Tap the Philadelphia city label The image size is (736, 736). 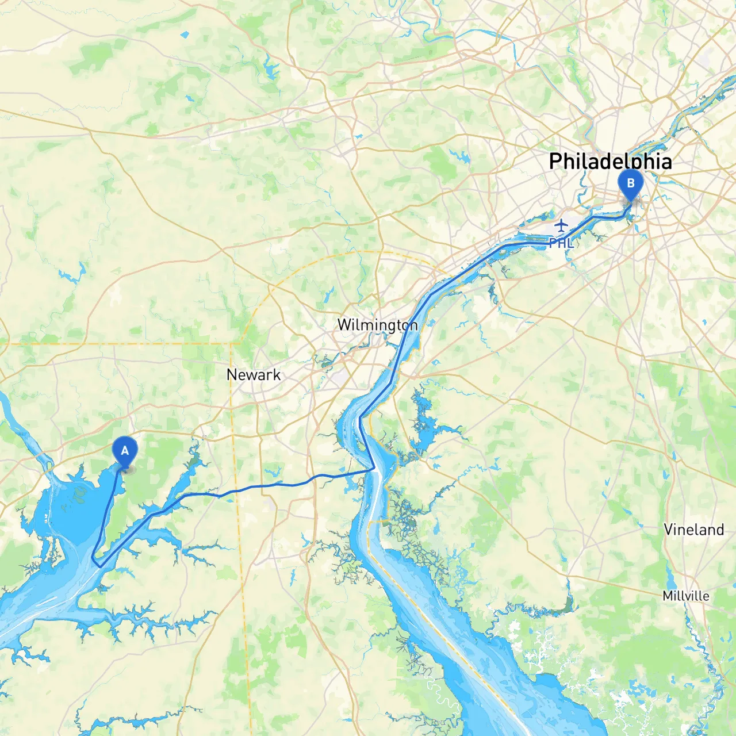pos(610,162)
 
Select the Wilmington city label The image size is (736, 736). pos(377,325)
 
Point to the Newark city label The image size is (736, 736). pos(254,375)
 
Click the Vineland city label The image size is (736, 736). pos(693,530)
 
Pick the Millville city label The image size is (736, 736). pos(686,596)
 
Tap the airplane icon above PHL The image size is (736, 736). pos(561,225)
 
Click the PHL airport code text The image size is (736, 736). pos(561,243)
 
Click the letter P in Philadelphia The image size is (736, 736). pos(555,162)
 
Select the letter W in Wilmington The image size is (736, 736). pos(344,325)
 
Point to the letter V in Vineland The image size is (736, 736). pos(669,530)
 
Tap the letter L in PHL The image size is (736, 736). pos(570,243)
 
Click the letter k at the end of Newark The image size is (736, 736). pos(277,375)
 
